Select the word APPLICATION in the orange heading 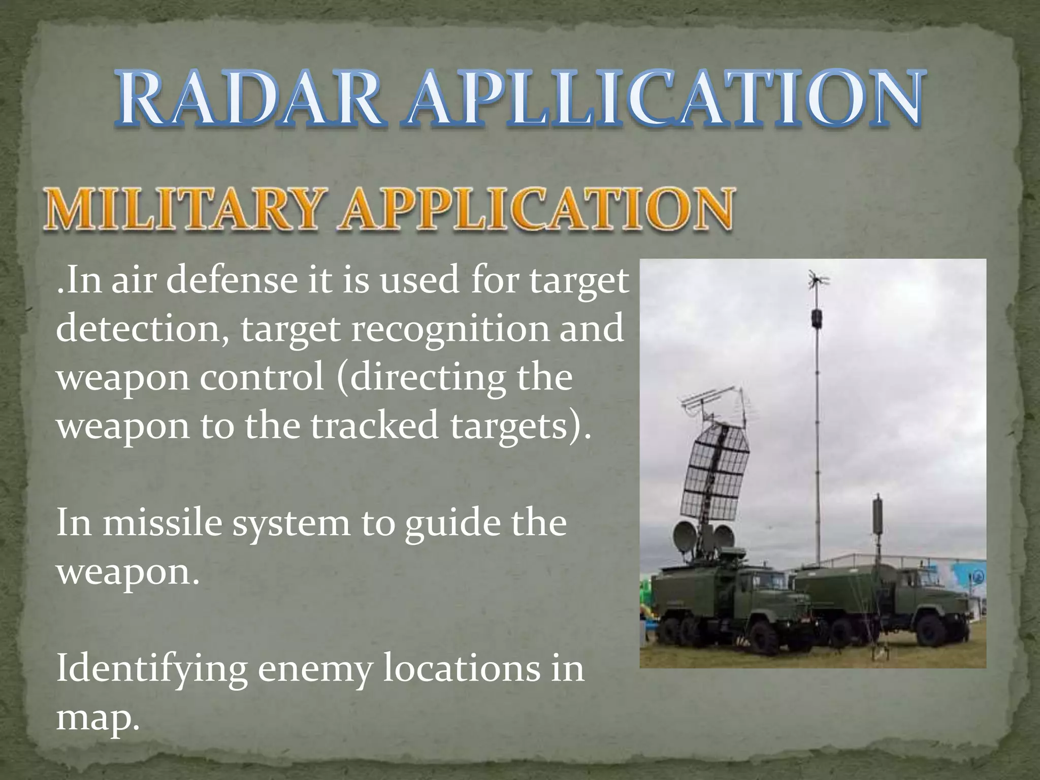click(x=538, y=209)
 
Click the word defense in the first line click(x=231, y=280)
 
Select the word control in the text click(x=262, y=377)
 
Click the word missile click(x=162, y=523)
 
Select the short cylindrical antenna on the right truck click(x=877, y=515)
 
